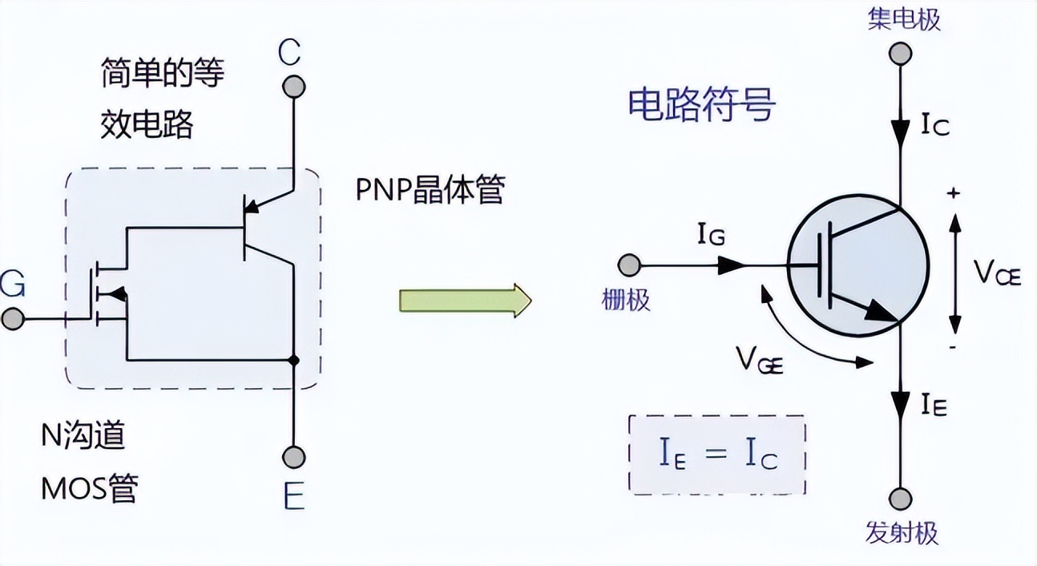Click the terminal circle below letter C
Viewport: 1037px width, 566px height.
tap(293, 86)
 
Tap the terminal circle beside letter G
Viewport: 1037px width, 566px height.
tap(11, 319)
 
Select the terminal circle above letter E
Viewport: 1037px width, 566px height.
tap(293, 457)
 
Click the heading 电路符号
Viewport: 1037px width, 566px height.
tap(701, 105)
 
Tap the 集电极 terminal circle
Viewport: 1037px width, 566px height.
tap(901, 54)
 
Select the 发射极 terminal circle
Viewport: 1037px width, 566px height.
tap(901, 499)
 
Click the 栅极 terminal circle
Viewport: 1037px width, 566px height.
tap(628, 265)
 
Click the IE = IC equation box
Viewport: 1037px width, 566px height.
tap(717, 455)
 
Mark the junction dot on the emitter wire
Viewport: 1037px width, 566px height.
tap(293, 361)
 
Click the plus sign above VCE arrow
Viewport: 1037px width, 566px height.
tap(954, 193)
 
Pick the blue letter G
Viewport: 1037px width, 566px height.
tap(14, 283)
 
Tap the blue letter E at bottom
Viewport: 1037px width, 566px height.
tap(293, 499)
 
